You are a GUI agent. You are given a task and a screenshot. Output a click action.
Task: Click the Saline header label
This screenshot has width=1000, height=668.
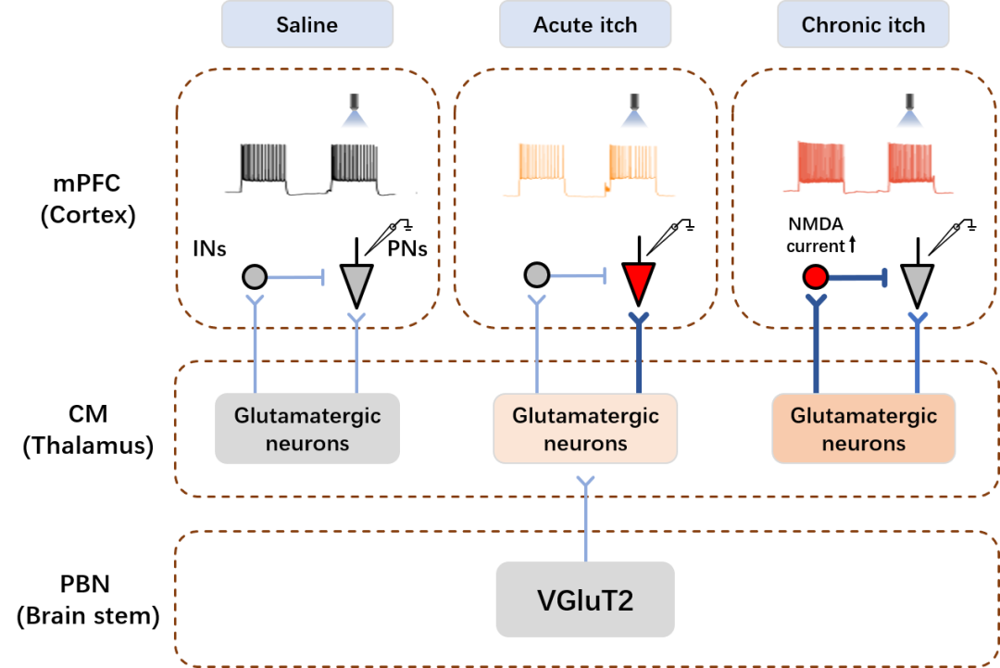click(x=306, y=25)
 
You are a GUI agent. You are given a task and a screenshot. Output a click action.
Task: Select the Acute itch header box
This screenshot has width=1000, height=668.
click(x=585, y=25)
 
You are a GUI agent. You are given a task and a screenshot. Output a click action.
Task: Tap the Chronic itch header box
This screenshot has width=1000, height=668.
click(x=863, y=25)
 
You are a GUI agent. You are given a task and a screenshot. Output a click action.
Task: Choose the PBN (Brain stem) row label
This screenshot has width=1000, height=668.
click(x=89, y=599)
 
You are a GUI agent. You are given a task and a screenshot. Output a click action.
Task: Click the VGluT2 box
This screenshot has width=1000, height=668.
click(x=585, y=600)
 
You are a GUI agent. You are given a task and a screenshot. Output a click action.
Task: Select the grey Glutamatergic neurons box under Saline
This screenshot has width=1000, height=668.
click(x=307, y=428)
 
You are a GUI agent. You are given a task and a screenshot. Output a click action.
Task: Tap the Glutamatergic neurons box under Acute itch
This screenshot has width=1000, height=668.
click(x=585, y=428)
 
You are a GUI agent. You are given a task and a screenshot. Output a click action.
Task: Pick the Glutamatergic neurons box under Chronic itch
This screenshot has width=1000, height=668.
click(x=863, y=428)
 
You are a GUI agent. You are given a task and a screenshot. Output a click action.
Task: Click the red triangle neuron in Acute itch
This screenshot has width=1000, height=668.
click(x=639, y=281)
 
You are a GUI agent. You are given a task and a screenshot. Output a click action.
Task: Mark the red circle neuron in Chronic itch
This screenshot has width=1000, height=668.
click(x=815, y=276)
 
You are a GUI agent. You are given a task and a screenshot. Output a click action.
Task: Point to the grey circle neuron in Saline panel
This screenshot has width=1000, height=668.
click(x=255, y=275)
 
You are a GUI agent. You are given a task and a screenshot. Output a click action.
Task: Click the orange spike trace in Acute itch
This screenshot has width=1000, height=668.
click(x=587, y=169)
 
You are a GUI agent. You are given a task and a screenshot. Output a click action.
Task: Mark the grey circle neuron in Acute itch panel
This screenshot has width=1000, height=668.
click(x=536, y=275)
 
